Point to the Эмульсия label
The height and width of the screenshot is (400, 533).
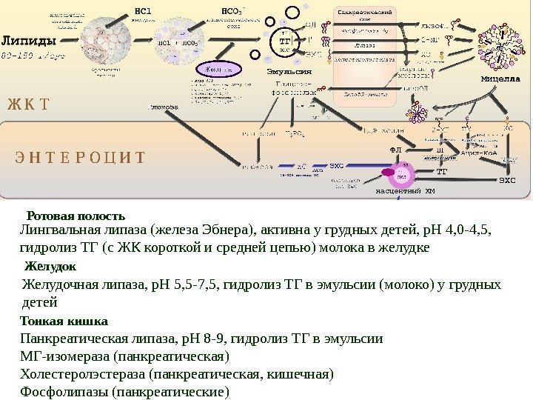289,72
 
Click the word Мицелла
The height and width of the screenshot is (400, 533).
500,77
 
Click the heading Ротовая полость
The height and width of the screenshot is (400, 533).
76,216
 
